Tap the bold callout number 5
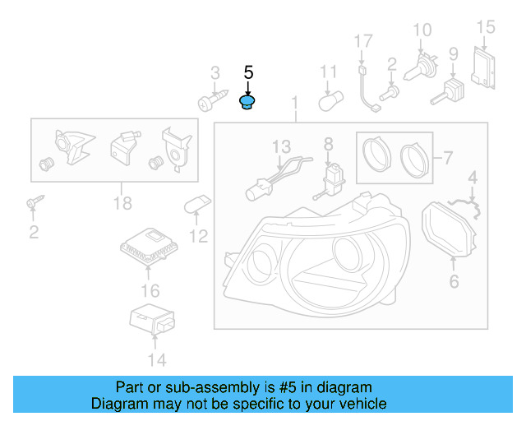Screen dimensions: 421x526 click(248, 72)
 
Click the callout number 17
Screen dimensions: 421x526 click(363, 41)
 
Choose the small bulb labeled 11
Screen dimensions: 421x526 click(329, 103)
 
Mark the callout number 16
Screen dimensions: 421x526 click(150, 290)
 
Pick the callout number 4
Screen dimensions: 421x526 click(473, 177)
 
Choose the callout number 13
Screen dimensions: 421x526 click(281, 146)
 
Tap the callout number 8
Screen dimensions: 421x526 click(328, 144)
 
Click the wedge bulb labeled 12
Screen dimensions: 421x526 click(196, 203)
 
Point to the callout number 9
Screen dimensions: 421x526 click(453, 55)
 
